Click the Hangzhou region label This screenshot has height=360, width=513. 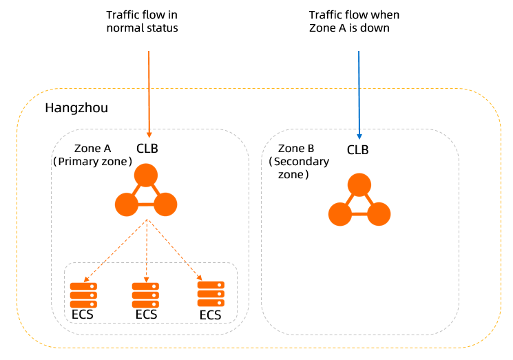[x=76, y=109]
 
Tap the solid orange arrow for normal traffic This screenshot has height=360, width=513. [x=149, y=89]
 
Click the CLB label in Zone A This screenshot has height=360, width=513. [x=147, y=149]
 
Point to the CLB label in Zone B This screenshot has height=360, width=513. [x=357, y=149]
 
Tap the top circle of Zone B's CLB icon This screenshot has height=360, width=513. [x=359, y=186]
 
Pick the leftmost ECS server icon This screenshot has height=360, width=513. [x=83, y=295]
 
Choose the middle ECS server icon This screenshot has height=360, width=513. [x=146, y=295]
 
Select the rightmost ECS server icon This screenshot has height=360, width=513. [x=211, y=293]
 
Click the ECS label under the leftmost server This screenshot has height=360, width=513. [x=83, y=315]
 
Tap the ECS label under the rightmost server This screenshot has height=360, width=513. [x=210, y=315]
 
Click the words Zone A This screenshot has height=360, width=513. [x=93, y=149]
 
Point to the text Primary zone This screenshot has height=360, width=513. [x=93, y=162]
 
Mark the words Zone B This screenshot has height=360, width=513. [x=296, y=149]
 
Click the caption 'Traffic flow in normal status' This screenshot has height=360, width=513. [x=142, y=21]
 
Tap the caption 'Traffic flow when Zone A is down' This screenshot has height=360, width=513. [x=354, y=21]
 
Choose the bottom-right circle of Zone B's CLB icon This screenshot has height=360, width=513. [x=379, y=215]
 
